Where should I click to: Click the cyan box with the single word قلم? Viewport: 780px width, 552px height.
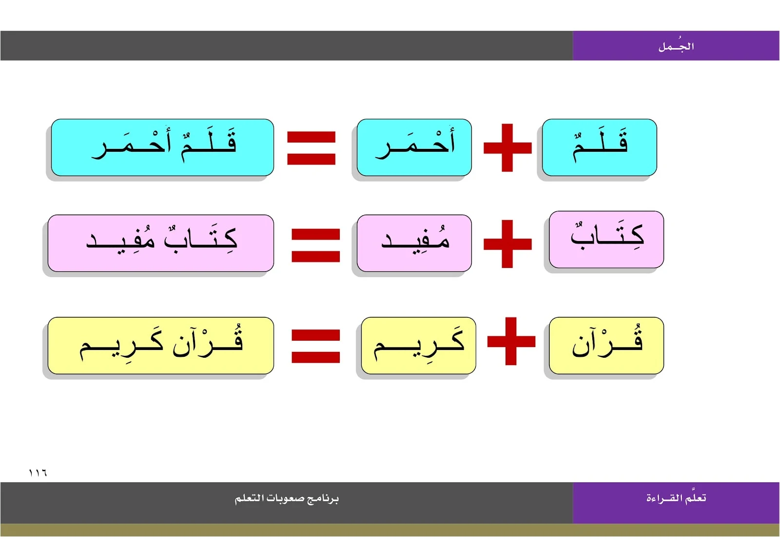pyautogui.click(x=599, y=147)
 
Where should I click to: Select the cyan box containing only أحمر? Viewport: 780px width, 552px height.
pyautogui.click(x=414, y=147)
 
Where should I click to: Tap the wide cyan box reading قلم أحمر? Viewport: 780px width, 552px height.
pyautogui.click(x=162, y=147)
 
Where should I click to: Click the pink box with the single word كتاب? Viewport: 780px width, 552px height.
pyautogui.click(x=606, y=239)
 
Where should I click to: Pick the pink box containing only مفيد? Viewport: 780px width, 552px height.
pyautogui.click(x=414, y=243)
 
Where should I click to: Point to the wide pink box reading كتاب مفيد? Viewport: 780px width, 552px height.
pyautogui.click(x=161, y=243)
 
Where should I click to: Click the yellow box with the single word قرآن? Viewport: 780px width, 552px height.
pyautogui.click(x=606, y=345)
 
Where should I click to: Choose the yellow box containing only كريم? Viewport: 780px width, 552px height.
pyautogui.click(x=418, y=345)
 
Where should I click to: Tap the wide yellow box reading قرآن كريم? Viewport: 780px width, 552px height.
pyautogui.click(x=161, y=345)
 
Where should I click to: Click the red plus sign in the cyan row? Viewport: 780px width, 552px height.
pyautogui.click(x=507, y=147)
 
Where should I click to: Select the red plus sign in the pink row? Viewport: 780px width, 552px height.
pyautogui.click(x=507, y=244)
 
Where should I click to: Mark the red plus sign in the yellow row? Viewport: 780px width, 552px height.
pyautogui.click(x=511, y=341)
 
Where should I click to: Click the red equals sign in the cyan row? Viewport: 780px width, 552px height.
pyautogui.click(x=311, y=147)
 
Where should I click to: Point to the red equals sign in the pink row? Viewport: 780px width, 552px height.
pyautogui.click(x=315, y=245)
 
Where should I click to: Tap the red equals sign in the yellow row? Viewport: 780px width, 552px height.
pyautogui.click(x=315, y=346)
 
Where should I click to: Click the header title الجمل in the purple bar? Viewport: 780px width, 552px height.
pyautogui.click(x=676, y=46)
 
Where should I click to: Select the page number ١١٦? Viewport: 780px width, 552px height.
pyautogui.click(x=38, y=472)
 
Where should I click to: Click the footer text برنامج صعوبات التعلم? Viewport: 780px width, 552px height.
pyautogui.click(x=287, y=498)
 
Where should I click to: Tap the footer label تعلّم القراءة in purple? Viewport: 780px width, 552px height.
pyautogui.click(x=676, y=498)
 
